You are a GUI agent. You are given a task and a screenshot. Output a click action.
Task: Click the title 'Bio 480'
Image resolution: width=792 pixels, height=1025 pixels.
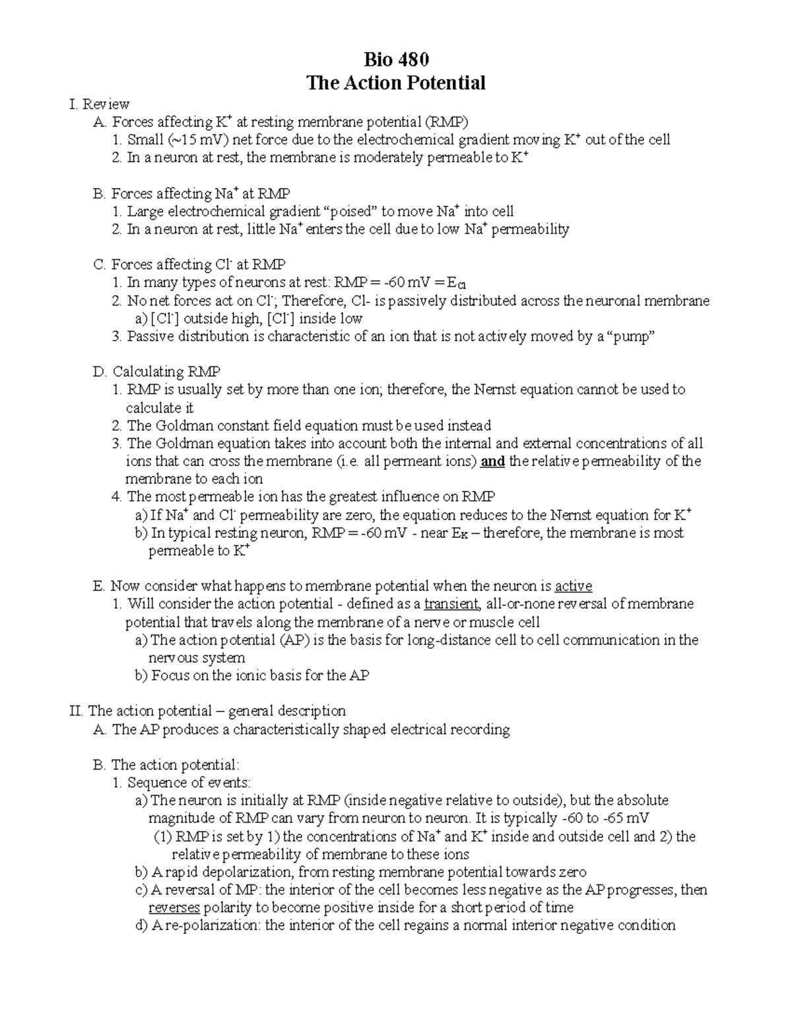[x=396, y=60]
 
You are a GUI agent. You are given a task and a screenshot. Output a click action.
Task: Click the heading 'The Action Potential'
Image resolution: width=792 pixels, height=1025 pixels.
[x=396, y=83]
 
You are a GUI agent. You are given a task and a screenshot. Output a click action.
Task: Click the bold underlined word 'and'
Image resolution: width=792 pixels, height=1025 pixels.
[x=492, y=461]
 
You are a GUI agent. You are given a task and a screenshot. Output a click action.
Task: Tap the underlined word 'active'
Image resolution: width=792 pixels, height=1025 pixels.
[x=573, y=586]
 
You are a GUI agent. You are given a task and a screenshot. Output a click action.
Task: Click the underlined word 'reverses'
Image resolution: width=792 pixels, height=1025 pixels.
[x=174, y=908]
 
